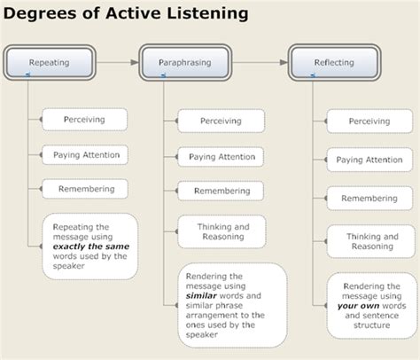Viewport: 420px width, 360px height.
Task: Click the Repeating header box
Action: [49, 63]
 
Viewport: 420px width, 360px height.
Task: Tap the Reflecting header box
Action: [334, 63]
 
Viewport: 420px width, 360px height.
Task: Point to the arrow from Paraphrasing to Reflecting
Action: [264, 63]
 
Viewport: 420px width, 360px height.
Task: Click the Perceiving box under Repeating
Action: [85, 119]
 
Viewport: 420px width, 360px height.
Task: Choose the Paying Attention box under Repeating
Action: [85, 154]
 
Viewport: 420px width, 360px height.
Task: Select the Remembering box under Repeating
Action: [85, 189]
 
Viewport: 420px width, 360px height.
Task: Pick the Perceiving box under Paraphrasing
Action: [221, 121]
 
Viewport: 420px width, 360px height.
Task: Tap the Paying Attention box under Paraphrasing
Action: [221, 156]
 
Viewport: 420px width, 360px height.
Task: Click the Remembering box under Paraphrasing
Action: [221, 191]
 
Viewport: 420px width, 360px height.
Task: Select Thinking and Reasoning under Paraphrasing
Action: [221, 231]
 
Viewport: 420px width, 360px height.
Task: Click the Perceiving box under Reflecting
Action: [369, 121]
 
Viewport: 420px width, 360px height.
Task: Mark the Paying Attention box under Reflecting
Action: [369, 160]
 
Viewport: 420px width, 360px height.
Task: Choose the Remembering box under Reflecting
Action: [369, 198]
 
